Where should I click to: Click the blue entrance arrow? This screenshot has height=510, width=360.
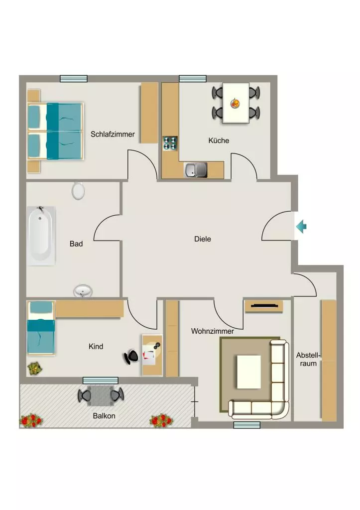pos(301,227)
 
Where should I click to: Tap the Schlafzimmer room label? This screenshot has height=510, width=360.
pos(113,134)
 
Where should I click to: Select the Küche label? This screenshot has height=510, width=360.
pos(219,140)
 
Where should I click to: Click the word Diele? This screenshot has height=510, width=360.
pos(202,239)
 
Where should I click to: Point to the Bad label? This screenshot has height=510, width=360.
pos(76,244)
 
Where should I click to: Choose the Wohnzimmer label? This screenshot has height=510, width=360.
pos(212,331)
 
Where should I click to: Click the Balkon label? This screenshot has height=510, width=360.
pos(104,416)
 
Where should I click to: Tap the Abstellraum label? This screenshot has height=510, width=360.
pos(308,359)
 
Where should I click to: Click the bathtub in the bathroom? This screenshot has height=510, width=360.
pos(41,236)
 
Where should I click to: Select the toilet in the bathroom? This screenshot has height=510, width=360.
pos(78,191)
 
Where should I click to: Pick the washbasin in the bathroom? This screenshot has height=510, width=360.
pos(83,290)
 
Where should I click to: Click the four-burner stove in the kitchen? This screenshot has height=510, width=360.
pos(170,143)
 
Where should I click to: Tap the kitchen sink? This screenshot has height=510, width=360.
pos(196,170)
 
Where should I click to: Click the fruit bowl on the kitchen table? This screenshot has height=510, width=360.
pos(236,104)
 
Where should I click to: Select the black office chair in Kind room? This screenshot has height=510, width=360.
pos(131,357)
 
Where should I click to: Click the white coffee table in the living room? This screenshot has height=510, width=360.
pos(249,372)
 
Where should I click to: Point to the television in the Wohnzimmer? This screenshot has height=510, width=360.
pos(264,306)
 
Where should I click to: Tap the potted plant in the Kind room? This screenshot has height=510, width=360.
pos(35,368)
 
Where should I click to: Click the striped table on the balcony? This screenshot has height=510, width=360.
pos(101,395)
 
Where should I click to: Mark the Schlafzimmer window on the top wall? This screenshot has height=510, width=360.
pos(74,78)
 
